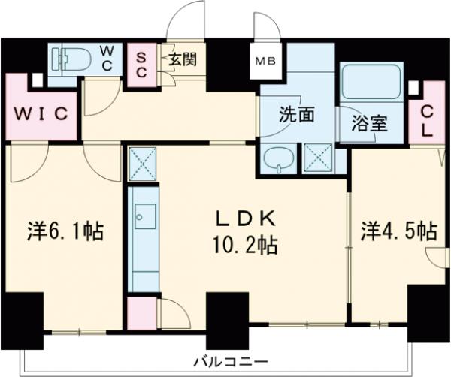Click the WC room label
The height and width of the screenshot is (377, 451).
point(108,56)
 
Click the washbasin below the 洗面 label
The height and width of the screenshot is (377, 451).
point(279,159)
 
